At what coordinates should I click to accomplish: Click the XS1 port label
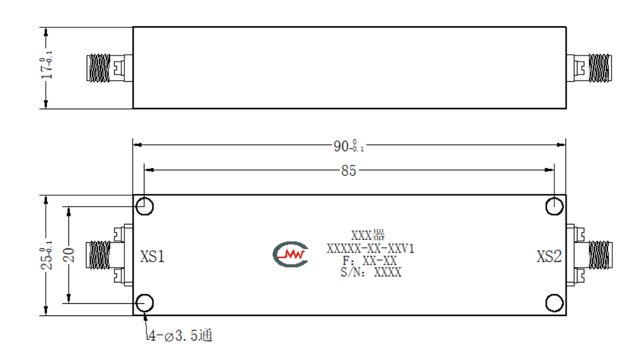tap(152, 256)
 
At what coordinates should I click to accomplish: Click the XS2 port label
tap(549, 256)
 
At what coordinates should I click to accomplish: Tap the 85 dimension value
tap(349, 171)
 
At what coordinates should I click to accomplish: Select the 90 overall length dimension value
tap(348, 146)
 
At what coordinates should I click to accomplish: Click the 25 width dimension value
tap(46, 255)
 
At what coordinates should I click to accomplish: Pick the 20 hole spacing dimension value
tap(69, 255)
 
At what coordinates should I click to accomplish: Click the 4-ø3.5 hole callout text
tap(181, 336)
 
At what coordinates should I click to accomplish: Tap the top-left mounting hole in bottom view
tap(145, 206)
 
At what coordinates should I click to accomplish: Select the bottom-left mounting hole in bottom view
tap(145, 303)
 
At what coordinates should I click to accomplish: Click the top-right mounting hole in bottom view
tap(554, 206)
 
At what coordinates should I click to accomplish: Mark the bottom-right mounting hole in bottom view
tap(554, 303)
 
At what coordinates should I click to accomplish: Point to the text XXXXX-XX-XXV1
tap(370, 248)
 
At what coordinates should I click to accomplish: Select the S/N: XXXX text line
tap(371, 272)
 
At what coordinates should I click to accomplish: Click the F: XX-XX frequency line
tap(370, 261)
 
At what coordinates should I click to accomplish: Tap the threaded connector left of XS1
tap(98, 255)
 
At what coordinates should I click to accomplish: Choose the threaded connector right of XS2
tap(600, 255)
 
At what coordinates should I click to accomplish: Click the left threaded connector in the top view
tap(99, 68)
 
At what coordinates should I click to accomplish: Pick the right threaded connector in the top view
tap(600, 68)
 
